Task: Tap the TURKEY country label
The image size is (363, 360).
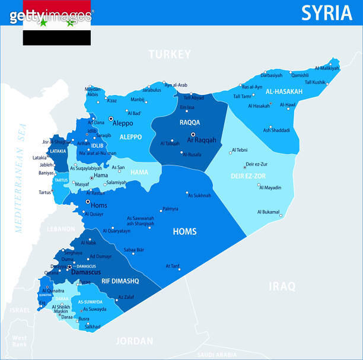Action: pyautogui.click(x=170, y=55)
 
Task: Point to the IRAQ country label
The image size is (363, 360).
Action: pyautogui.click(x=282, y=286)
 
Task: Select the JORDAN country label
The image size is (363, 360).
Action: pyautogui.click(x=134, y=341)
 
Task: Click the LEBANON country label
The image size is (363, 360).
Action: pyautogui.click(x=61, y=228)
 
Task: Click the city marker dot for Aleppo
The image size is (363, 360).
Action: pyautogui.click(x=110, y=119)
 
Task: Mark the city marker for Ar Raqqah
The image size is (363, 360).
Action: pyautogui.click(x=193, y=135)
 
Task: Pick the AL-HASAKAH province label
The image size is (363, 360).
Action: pyautogui.click(x=284, y=92)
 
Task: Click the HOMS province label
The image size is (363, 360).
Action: pyautogui.click(x=184, y=231)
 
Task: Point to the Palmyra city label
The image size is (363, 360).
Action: pyautogui.click(x=170, y=209)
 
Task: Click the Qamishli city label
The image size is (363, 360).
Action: pyautogui.click(x=300, y=75)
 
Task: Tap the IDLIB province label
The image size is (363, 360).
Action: pyautogui.click(x=97, y=145)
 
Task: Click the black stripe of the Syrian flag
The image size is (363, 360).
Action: pyautogui.click(x=57, y=38)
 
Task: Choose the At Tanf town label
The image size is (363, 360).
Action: pyautogui.click(x=172, y=266)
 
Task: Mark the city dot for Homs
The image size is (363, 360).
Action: pyautogui.click(x=88, y=202)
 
